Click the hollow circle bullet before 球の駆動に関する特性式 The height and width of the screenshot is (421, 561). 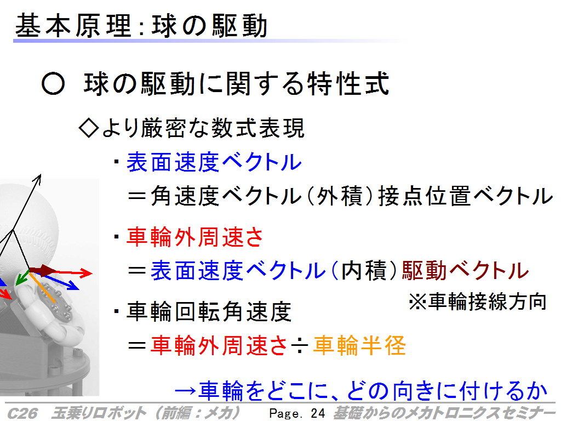[53, 84]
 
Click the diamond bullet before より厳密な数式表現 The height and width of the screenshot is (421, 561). [88, 128]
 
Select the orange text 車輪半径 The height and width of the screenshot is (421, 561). [359, 345]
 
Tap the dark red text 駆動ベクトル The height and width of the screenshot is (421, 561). [465, 270]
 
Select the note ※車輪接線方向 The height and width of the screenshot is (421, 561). [478, 301]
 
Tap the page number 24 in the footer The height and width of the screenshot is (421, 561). [318, 413]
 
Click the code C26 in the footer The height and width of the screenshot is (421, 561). [22, 413]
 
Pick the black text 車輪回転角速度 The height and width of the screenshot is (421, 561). [209, 311]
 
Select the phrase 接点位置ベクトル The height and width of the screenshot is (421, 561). [466, 196]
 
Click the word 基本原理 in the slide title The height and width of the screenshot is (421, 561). [73, 26]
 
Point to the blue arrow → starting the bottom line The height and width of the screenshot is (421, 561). [185, 390]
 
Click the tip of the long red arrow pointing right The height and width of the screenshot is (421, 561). [92, 274]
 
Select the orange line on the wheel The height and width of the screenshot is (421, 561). [42, 288]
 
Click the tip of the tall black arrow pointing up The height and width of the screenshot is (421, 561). [41, 174]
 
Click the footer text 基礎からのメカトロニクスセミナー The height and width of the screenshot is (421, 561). [444, 413]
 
